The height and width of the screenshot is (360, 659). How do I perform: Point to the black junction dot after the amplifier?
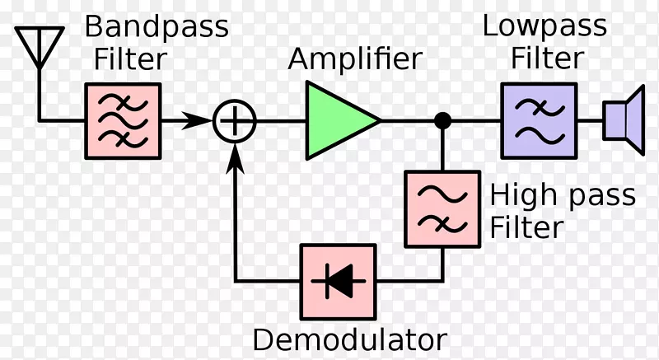pos(443,120)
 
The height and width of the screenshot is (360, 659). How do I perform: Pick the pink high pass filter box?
pos(442,208)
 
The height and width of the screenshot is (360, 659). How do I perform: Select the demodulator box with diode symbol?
pos(338,283)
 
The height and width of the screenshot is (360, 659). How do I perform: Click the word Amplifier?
pos(355,59)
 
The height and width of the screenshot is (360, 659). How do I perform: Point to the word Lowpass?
pos(544,26)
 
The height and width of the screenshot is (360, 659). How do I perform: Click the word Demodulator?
pos(349,339)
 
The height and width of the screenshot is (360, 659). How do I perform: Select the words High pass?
pos(563,196)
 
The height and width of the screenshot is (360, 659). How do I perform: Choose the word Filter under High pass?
pos(527,227)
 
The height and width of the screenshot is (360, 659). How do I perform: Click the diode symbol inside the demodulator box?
pos(338,283)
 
